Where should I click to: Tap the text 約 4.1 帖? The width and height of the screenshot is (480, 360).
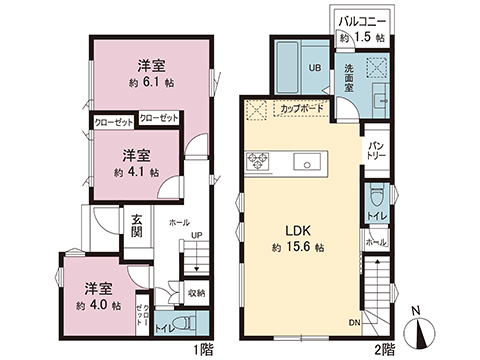point(136,172)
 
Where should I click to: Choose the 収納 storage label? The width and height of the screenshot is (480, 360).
point(196,293)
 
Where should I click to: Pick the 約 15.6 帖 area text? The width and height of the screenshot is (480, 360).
point(296,246)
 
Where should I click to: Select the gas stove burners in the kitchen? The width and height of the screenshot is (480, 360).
point(258,160)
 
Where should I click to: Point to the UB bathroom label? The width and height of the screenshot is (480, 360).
point(313,68)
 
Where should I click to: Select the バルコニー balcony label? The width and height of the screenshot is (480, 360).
point(363,20)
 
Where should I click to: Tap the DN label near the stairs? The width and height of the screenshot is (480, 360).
point(353,322)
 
